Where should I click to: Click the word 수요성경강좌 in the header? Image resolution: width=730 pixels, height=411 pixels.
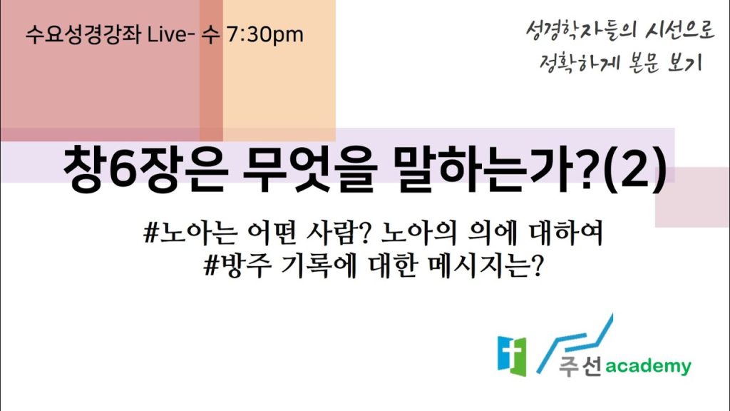(x=83, y=34)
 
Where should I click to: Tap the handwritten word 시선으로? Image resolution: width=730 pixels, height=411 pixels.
(x=679, y=30)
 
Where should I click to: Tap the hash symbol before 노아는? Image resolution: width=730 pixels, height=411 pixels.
(x=151, y=233)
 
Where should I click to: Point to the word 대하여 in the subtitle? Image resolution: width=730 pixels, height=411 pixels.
(x=566, y=233)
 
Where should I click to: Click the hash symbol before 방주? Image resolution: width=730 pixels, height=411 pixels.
(x=212, y=266)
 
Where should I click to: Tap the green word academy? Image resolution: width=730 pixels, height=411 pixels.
(x=648, y=367)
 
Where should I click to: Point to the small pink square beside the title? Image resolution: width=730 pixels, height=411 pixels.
(x=692, y=197)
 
